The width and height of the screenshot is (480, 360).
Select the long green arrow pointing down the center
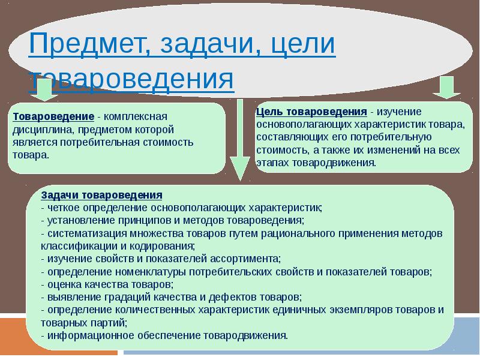(x=240, y=140)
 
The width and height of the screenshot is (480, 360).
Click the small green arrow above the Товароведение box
(x=44, y=89)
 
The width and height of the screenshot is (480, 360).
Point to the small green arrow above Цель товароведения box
(x=447, y=88)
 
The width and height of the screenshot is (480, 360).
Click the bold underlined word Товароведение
(x=53, y=116)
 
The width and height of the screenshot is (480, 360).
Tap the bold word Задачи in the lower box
(x=60, y=195)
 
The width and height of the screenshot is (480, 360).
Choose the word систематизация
(x=87, y=233)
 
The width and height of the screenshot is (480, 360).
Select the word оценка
(x=64, y=284)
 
